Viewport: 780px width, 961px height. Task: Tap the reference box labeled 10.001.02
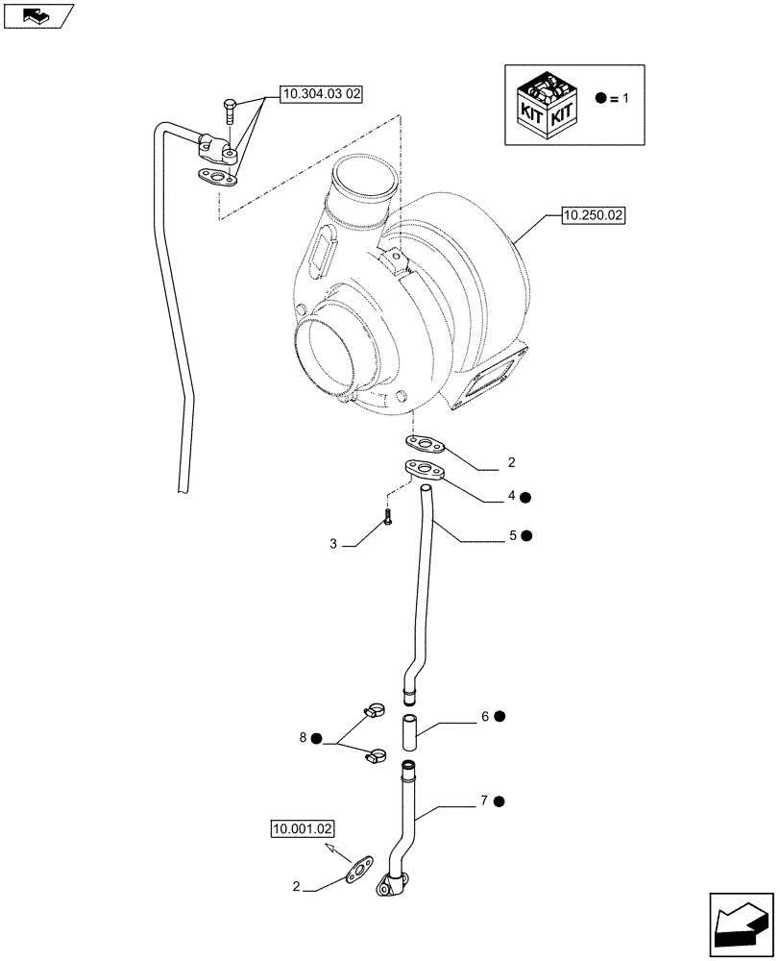tap(302, 827)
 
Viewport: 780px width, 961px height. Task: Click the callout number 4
tap(512, 496)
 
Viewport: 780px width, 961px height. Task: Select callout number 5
tap(512, 534)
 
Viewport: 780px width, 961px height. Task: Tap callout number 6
tap(486, 717)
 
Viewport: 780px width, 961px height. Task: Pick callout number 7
tap(485, 800)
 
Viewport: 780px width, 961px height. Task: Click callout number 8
tap(303, 738)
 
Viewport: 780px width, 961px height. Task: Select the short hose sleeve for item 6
tap(410, 732)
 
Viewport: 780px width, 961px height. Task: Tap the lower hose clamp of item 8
tap(375, 756)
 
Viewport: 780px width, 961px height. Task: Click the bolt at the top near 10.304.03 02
tap(229, 111)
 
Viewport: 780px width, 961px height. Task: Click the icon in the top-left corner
tap(38, 15)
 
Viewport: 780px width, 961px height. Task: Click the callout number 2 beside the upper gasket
tap(511, 462)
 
